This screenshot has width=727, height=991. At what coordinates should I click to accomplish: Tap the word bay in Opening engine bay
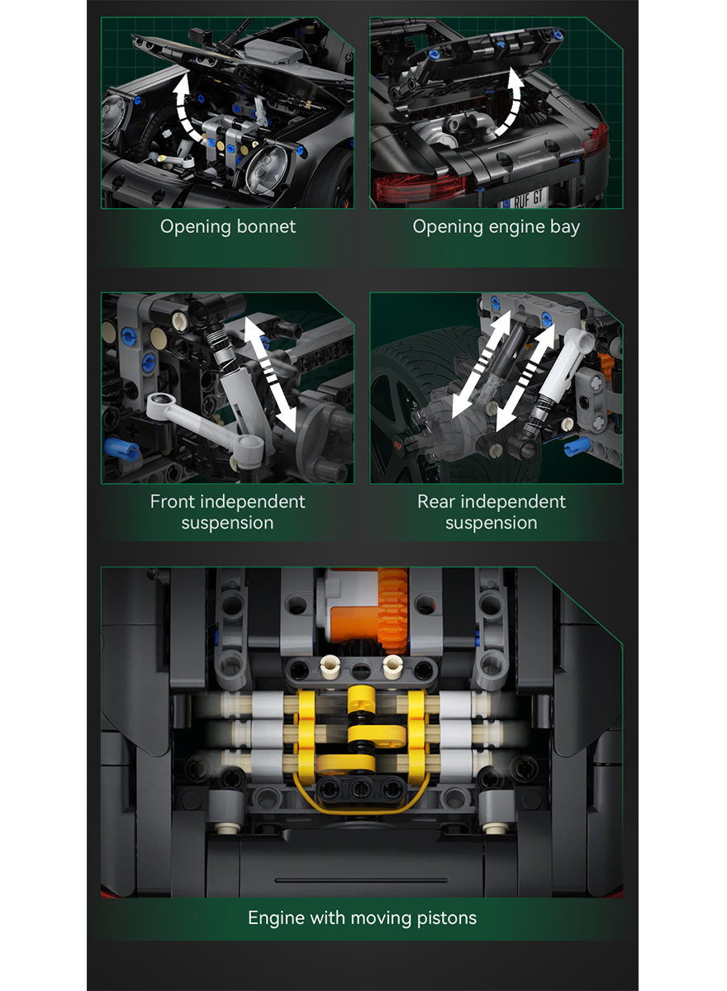click(565, 228)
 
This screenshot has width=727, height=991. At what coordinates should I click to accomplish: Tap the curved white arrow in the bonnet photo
click(183, 107)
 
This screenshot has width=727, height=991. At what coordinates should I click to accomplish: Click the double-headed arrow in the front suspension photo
click(270, 375)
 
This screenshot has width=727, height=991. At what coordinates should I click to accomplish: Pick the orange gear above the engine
click(392, 609)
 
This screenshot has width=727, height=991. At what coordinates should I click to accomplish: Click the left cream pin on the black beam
click(330, 667)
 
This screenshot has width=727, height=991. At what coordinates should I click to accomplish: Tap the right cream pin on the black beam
click(392, 667)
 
